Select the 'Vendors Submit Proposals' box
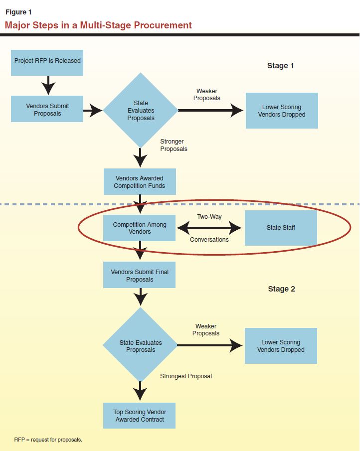(x=47, y=110)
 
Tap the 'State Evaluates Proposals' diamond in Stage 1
(x=141, y=111)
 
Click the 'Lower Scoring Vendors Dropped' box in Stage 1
(x=282, y=111)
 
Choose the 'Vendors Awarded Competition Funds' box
(x=139, y=182)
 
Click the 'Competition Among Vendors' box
(x=139, y=228)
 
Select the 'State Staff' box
(x=281, y=228)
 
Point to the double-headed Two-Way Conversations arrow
(x=209, y=228)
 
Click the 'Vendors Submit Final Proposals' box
(x=139, y=276)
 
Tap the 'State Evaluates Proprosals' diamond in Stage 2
(x=140, y=345)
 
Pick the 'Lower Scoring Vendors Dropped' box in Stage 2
(x=281, y=346)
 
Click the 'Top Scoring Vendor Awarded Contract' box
(x=140, y=416)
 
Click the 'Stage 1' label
(x=281, y=66)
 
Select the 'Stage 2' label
(x=281, y=289)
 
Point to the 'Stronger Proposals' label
(x=174, y=145)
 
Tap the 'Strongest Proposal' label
(x=185, y=376)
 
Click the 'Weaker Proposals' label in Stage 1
(x=207, y=95)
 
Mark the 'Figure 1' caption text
(x=18, y=12)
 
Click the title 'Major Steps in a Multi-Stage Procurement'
(x=98, y=25)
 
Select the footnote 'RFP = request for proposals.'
(x=48, y=440)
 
